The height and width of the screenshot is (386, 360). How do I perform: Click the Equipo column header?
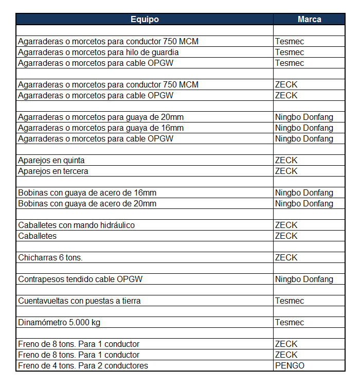pyautogui.click(x=145, y=20)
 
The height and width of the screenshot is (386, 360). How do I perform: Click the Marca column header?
pyautogui.click(x=309, y=20)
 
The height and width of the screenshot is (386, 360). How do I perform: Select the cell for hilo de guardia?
pyautogui.click(x=98, y=52)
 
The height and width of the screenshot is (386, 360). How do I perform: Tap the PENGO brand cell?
pyautogui.click(x=290, y=365)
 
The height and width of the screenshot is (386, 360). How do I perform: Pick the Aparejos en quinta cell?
pyautogui.click(x=51, y=160)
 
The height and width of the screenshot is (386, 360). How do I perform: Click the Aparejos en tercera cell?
pyautogui.click(x=53, y=171)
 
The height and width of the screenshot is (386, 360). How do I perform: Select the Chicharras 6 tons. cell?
pyautogui.click(x=50, y=257)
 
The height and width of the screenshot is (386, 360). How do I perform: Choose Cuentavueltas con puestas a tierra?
pyautogui.click(x=79, y=301)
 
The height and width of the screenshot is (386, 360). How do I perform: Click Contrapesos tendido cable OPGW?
pyautogui.click(x=80, y=279)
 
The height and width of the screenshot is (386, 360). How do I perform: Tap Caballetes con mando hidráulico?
pyautogui.click(x=76, y=225)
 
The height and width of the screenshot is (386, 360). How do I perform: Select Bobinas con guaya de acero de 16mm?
pyautogui.click(x=87, y=192)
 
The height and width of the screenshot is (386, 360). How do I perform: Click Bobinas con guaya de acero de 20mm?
pyautogui.click(x=87, y=203)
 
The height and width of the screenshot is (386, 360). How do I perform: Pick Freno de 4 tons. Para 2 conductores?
pyautogui.click(x=83, y=365)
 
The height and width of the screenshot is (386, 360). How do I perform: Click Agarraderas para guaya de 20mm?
pyautogui.click(x=100, y=117)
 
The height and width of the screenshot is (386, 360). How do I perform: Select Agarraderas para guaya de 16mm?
pyautogui.click(x=100, y=128)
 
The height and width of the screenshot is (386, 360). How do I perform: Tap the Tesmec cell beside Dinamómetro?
pyautogui.click(x=290, y=322)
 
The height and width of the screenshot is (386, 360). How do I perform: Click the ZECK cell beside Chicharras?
pyautogui.click(x=286, y=257)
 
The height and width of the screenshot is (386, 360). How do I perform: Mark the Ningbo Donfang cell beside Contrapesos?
pyautogui.click(x=304, y=279)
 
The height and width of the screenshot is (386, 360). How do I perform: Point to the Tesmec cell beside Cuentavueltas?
pyautogui.click(x=290, y=301)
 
